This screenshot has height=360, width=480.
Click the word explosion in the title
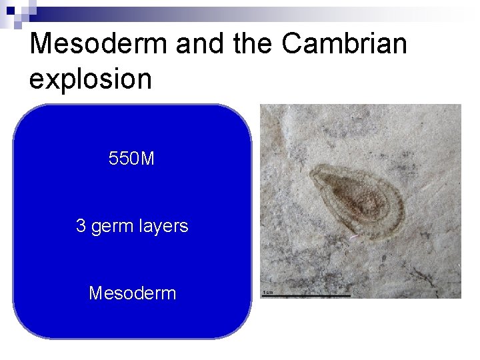pos(91,79)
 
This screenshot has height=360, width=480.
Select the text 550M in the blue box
pos(132,159)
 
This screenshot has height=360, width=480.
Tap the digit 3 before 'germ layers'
pos(81,227)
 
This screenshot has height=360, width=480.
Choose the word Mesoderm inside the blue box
pos(132,293)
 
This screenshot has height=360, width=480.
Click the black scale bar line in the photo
pos(306,295)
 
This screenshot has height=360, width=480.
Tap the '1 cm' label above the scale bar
pos(267,292)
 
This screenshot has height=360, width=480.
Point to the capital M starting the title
pos(43,44)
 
